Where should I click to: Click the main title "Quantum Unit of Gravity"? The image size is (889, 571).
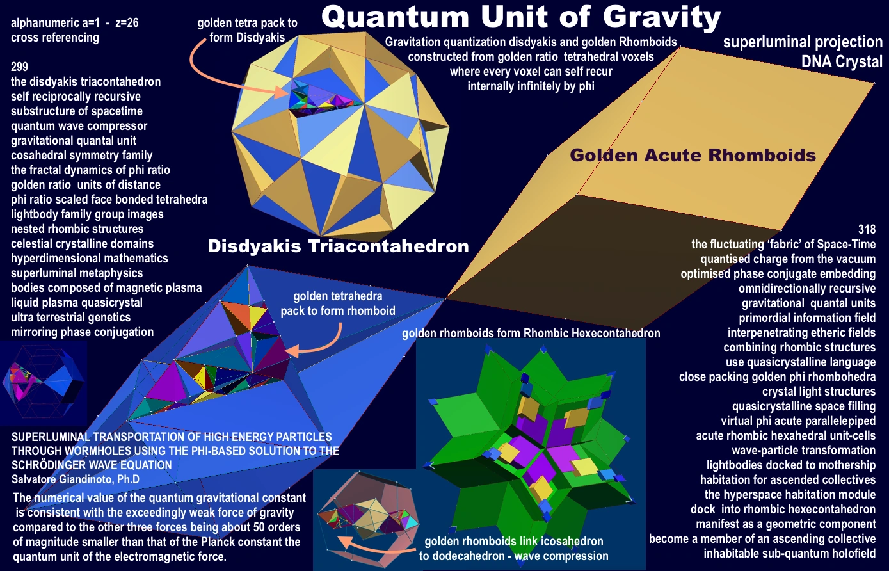521,18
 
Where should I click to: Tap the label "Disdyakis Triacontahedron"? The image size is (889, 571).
338,246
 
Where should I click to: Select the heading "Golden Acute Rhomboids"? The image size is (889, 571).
693,155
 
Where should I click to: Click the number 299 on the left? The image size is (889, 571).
19,67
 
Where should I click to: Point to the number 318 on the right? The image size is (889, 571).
867,229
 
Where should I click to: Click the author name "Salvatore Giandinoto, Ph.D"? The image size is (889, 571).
76,479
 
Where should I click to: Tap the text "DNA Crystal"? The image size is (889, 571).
842,61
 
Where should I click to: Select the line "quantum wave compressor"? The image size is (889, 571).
79,126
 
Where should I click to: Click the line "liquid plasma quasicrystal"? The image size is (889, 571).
77,303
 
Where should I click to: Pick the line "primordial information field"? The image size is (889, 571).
807,318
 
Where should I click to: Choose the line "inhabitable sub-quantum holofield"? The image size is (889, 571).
790,554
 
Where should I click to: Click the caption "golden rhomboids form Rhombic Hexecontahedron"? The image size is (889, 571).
531,334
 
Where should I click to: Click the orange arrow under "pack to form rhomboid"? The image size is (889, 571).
324,345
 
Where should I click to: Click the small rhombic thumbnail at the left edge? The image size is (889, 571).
44,383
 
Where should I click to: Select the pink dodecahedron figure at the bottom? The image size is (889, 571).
367,519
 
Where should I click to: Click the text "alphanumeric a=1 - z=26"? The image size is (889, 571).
75,23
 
